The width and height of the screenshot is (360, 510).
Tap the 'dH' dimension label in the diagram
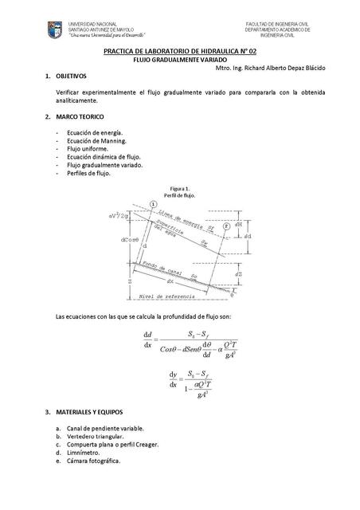click(248, 224)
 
